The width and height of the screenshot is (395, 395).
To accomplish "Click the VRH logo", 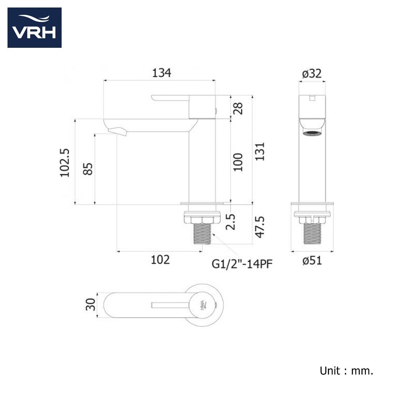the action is [x=34, y=28].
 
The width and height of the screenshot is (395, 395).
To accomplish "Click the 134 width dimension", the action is [x=162, y=73].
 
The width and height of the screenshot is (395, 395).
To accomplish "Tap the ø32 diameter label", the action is [x=312, y=73].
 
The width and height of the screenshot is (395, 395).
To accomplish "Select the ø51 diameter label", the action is [x=312, y=260].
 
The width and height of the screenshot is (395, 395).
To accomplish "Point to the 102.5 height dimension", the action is [x=65, y=163].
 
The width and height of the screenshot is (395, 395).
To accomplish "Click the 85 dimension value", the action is [x=88, y=169].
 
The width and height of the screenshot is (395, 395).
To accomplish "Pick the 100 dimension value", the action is [x=238, y=162].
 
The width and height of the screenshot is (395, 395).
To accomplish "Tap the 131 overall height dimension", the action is [x=260, y=152].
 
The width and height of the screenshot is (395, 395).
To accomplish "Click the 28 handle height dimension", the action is [x=238, y=108].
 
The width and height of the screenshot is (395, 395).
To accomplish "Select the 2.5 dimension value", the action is [x=231, y=222].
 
